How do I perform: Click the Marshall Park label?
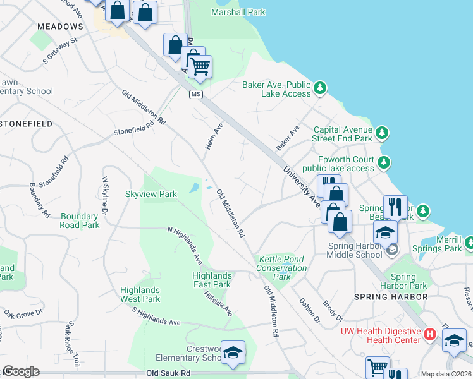(x=238, y=11)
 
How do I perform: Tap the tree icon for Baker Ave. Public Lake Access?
(x=321, y=87)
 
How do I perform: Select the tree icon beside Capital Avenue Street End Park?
(x=381, y=133)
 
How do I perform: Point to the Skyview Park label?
(x=150, y=194)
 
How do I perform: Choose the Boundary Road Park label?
(x=80, y=220)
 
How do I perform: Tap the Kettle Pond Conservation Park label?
(x=281, y=268)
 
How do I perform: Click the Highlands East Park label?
(x=212, y=280)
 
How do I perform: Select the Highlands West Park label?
(x=140, y=294)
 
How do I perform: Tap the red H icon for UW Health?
(x=430, y=334)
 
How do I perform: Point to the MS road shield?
(x=196, y=94)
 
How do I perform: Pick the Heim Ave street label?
(x=214, y=136)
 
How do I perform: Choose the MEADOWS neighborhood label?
(x=60, y=27)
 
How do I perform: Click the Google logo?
(x=20, y=371)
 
